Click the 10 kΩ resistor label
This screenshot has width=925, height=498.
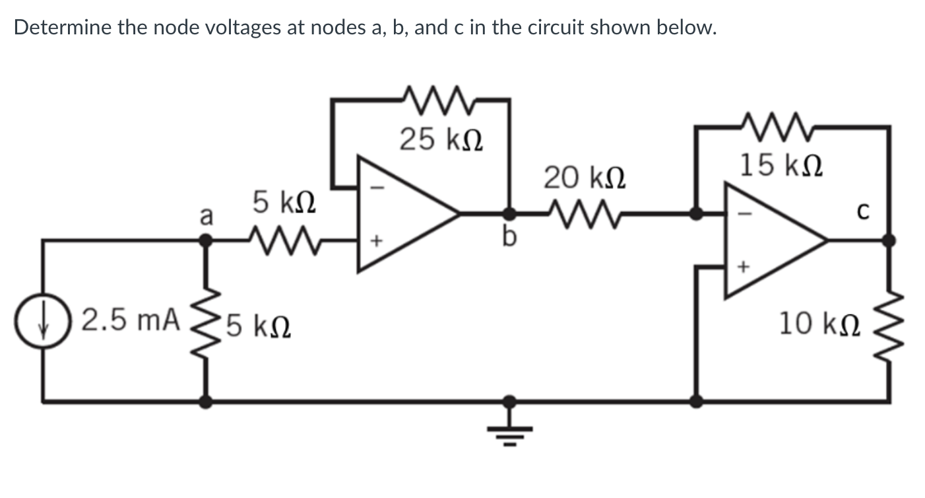point(819,324)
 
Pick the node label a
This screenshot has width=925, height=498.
point(207,216)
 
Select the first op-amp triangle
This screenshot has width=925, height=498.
point(399,213)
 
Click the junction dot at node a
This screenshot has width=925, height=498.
point(207,240)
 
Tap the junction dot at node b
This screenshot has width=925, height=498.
point(509,213)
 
